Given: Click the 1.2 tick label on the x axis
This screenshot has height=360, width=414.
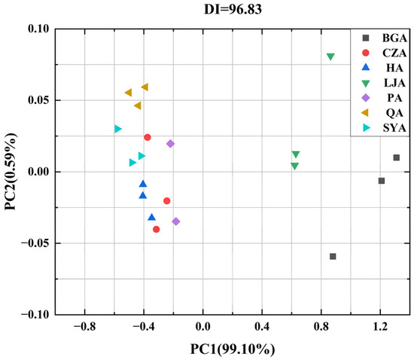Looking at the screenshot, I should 380,326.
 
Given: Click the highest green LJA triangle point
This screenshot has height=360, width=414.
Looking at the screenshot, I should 330,57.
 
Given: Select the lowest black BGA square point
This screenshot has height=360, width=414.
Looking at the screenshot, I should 333,257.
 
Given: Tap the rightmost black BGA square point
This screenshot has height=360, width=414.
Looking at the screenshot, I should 396,157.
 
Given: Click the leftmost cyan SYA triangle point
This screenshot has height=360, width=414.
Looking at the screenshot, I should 117,129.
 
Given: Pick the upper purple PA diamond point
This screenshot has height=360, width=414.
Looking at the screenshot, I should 170,144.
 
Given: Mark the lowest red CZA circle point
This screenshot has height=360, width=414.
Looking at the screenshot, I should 157,229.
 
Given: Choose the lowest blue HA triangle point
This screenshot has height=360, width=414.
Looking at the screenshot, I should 151,218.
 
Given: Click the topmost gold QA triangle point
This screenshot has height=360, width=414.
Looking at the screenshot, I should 145,87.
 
